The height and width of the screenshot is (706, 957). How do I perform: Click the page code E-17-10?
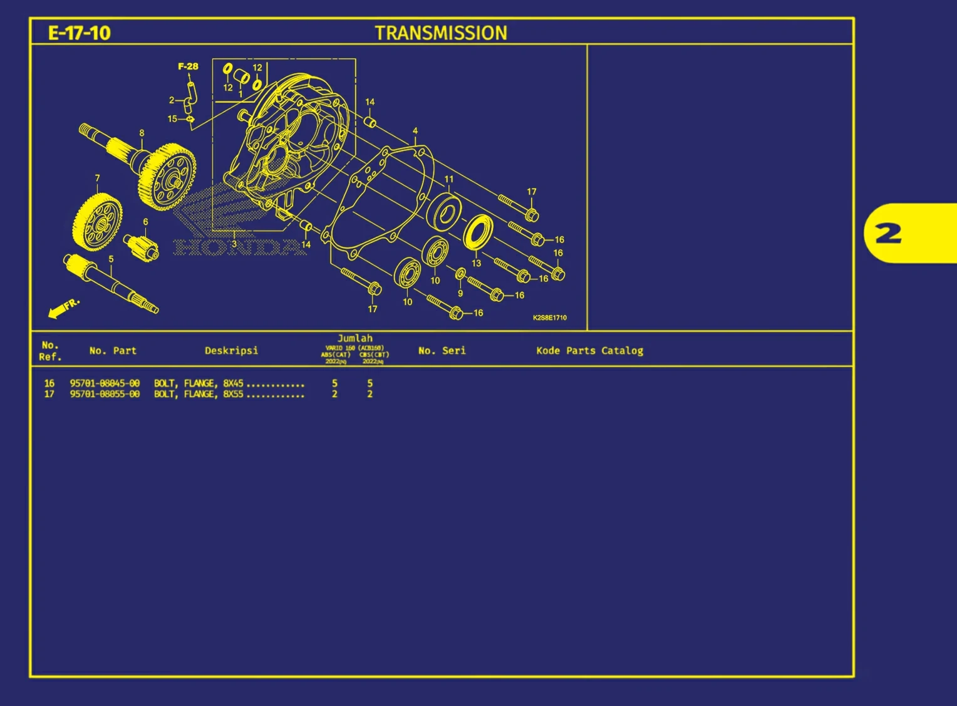tap(79, 33)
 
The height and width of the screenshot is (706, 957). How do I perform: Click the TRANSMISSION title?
tap(441, 33)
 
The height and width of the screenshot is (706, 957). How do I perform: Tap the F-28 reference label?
tap(188, 66)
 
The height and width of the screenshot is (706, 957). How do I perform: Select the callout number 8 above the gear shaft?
tap(142, 133)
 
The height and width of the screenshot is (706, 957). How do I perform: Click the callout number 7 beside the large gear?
tap(97, 179)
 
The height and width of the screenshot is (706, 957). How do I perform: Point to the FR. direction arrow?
tap(64, 308)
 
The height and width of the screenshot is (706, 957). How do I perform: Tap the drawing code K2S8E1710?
tap(549, 318)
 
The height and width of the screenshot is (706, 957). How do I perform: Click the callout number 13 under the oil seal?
tap(476, 263)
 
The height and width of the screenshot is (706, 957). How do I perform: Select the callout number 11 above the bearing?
tap(448, 179)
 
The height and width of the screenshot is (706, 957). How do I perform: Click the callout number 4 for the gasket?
tap(415, 131)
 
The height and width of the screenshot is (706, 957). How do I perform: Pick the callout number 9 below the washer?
tap(460, 293)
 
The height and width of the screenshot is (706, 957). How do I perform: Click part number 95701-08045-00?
tap(105, 383)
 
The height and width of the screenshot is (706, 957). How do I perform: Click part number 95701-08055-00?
tap(105, 394)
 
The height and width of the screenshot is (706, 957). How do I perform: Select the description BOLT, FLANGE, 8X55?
tap(199, 394)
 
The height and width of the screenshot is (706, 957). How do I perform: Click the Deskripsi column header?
tap(231, 351)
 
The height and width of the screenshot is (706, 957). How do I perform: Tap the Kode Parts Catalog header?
tap(589, 351)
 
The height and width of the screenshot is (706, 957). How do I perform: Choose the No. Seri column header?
tap(442, 351)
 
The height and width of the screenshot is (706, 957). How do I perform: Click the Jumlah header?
tap(354, 338)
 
